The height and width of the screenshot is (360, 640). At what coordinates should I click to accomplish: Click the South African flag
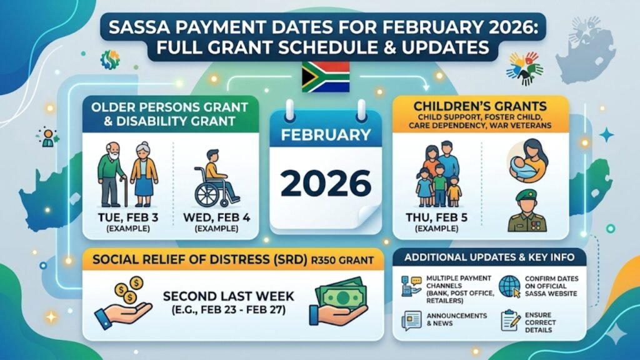click(325, 77)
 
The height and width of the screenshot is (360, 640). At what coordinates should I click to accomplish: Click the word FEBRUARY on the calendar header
click(326, 135)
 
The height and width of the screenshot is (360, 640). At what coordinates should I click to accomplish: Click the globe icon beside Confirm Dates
click(508, 287)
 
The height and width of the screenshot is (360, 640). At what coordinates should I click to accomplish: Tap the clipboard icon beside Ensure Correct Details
click(509, 321)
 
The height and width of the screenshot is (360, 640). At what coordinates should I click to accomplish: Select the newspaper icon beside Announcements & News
click(409, 321)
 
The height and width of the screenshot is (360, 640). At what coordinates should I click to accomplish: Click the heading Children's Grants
click(481, 105)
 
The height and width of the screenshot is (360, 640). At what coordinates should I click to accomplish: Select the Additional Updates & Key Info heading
click(489, 257)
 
